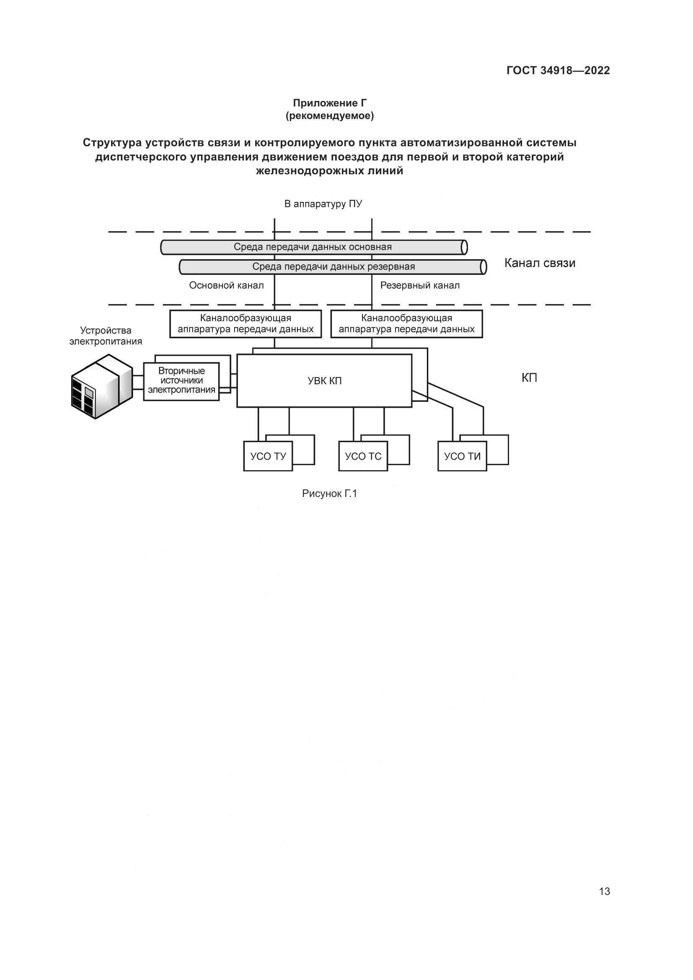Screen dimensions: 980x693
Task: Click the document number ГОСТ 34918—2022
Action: coord(558,70)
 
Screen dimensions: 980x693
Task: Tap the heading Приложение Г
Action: coord(329,103)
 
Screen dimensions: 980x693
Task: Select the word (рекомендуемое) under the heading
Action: coord(329,116)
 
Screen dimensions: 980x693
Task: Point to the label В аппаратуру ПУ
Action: coord(323,204)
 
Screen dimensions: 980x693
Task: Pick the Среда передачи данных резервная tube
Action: coord(333,267)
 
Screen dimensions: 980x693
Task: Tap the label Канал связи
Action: coord(539,263)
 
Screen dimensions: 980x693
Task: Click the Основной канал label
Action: coord(226,285)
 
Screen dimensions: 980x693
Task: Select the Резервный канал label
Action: coord(419,285)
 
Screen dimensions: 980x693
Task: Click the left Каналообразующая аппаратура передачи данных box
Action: coord(246,324)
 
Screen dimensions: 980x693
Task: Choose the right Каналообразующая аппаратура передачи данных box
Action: coord(406,324)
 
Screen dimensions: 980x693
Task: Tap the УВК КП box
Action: coord(324,381)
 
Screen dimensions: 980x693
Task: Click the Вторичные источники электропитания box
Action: coord(181,381)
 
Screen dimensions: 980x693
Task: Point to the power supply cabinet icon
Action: coord(101,386)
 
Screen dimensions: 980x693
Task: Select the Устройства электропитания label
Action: coord(106,336)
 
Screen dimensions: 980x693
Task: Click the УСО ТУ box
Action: coord(268,456)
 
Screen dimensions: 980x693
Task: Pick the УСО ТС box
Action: coord(363,456)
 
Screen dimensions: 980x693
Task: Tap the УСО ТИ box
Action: coord(462,456)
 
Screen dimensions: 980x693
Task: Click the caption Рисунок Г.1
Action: coord(329,494)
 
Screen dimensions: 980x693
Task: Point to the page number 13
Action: coord(604,892)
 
